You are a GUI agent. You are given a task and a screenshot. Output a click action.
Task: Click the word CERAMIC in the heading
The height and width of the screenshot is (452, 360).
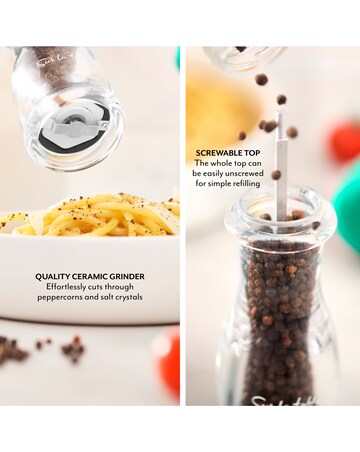[90, 276]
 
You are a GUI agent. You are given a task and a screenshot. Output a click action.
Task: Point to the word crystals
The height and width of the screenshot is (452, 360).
[129, 297]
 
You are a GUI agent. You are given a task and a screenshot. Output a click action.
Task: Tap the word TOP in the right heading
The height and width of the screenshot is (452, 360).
[252, 153]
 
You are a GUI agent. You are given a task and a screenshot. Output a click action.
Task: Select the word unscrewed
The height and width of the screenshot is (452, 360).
[244, 174]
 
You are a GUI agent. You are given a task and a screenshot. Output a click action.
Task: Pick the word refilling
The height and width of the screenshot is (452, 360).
[245, 184]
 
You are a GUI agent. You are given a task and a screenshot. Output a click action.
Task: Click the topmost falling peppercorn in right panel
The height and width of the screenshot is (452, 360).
[261, 79]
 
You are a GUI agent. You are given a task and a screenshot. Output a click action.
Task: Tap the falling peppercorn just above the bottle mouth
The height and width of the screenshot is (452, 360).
[276, 175]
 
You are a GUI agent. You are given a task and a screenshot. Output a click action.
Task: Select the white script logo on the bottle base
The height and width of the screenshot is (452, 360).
[284, 400]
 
